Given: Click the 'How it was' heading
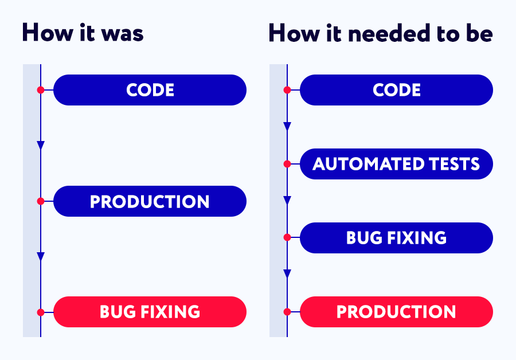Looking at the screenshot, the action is click(83, 33).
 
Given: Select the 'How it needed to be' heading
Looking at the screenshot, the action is click(381, 33).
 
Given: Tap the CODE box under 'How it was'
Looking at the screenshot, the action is click(150, 90).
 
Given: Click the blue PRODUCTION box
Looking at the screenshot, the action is click(150, 201).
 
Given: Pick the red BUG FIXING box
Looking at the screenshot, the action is click(150, 312).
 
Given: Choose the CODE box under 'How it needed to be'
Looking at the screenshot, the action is click(396, 90).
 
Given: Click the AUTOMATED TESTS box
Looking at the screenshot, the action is click(396, 164).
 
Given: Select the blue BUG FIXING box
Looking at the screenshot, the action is click(396, 237).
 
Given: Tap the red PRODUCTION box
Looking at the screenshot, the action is click(396, 312).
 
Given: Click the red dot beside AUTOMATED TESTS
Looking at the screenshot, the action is click(287, 164).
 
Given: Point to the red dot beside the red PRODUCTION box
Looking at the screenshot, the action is click(287, 312).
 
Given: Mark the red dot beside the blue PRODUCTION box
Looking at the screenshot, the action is click(41, 201).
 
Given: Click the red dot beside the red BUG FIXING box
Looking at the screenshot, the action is click(41, 312).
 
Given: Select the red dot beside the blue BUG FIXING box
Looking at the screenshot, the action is click(287, 237).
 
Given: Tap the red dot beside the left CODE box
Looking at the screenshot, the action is click(41, 90).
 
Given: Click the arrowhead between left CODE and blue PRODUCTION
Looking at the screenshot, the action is click(41, 145).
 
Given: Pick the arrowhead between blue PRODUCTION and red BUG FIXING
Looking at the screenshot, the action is click(41, 256).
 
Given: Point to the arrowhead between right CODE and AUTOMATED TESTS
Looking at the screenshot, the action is click(287, 126).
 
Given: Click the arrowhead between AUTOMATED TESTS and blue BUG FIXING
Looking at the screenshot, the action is click(287, 201).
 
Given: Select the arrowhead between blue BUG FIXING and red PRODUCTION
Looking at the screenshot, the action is click(287, 274).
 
